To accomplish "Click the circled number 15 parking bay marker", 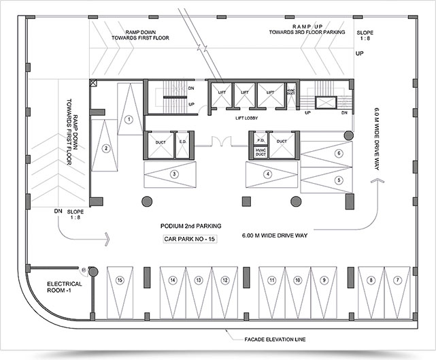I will (119, 280).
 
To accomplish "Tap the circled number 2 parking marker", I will (106, 148).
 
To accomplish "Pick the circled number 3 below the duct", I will (175, 174).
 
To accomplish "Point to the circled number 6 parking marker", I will (338, 154).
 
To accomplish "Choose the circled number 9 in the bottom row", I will (325, 280).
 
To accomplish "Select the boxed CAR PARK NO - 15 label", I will (189, 240).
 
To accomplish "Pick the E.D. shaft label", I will (182, 142).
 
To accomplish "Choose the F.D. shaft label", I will (260, 142).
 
